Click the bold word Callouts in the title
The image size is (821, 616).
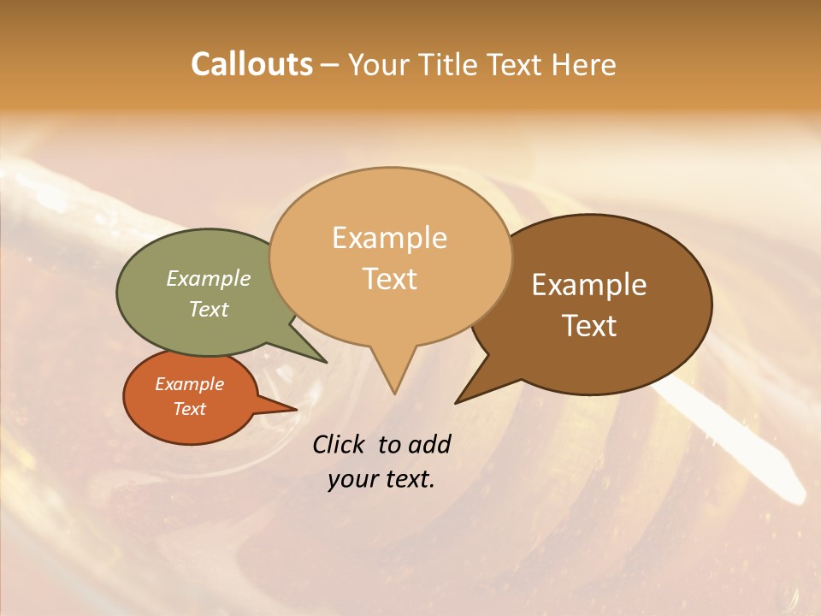point(251,64)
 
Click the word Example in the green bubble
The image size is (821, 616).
point(208,278)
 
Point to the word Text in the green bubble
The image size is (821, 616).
point(208,309)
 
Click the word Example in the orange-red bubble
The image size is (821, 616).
point(189,384)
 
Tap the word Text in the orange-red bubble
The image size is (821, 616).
point(189,409)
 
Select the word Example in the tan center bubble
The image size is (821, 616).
point(389,238)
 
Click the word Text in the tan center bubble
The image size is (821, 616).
point(389,279)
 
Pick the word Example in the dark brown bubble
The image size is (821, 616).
point(589,285)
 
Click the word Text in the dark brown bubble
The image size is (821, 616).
point(589,326)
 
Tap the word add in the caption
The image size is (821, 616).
point(428,444)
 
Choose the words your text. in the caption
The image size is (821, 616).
point(381,479)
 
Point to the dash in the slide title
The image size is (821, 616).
point(330,64)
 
